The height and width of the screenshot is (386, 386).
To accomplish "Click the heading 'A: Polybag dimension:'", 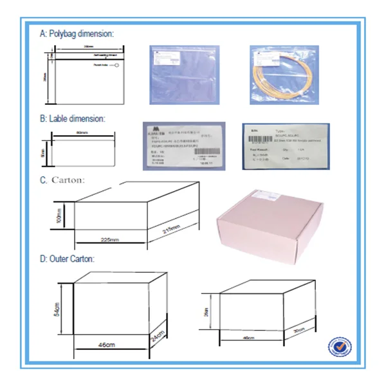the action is coord(77,33).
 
